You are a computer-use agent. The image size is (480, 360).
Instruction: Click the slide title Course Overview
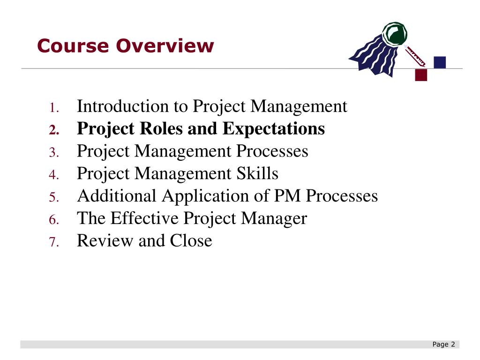[125, 46]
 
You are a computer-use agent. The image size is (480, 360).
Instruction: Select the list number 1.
[54, 108]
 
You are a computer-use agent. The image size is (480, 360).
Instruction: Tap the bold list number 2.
[54, 130]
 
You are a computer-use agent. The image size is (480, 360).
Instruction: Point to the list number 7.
[54, 243]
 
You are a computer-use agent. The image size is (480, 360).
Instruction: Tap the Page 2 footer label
[444, 345]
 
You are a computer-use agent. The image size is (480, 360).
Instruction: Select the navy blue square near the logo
[440, 62]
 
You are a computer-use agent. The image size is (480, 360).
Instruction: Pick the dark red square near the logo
[421, 75]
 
